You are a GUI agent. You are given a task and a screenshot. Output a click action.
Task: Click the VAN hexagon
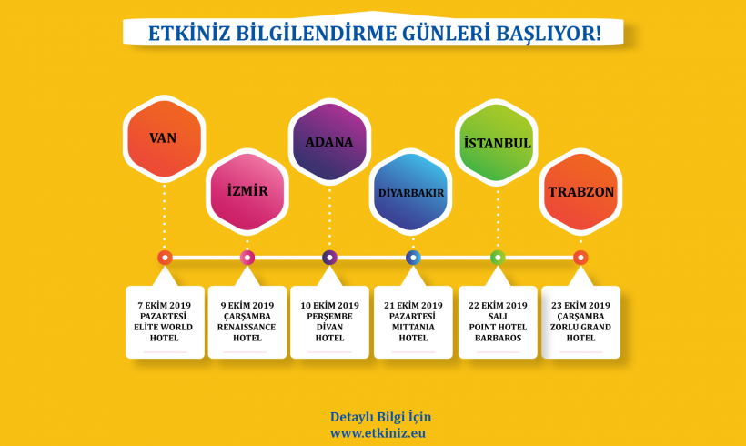pyautogui.click(x=164, y=138)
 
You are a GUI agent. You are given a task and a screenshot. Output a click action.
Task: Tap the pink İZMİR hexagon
pyautogui.click(x=247, y=191)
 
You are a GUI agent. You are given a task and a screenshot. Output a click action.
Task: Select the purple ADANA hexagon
pyautogui.click(x=329, y=142)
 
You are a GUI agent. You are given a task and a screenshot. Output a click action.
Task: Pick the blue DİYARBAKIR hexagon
pyautogui.click(x=411, y=192)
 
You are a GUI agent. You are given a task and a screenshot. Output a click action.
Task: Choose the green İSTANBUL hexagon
pyautogui.click(x=497, y=143)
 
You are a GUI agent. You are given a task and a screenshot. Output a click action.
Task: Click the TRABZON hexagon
pyautogui.click(x=581, y=192)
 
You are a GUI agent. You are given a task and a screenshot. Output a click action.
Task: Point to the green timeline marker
pyautogui.click(x=498, y=258)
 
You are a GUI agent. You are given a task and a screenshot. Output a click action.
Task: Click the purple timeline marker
pyautogui.click(x=329, y=258)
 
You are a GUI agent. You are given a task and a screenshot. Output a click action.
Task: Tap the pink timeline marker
pyautogui.click(x=247, y=258)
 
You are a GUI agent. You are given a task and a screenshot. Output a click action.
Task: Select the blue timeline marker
pyautogui.click(x=413, y=258)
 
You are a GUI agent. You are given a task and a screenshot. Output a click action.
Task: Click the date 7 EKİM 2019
pyautogui.click(x=164, y=305)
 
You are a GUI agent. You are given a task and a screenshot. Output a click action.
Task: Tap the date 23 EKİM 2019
pyautogui.click(x=580, y=305)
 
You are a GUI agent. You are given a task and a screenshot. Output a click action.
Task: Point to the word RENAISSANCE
pyautogui.click(x=247, y=327)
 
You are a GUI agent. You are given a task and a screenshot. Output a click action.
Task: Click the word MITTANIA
pyautogui.click(x=413, y=327)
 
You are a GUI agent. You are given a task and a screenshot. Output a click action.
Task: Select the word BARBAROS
pyautogui.click(x=498, y=338)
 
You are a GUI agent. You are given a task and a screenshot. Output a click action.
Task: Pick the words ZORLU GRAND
pyautogui.click(x=580, y=327)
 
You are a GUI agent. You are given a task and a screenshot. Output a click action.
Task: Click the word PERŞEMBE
pyautogui.click(x=329, y=317)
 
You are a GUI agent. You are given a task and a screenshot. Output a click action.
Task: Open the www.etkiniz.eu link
pyautogui.click(x=378, y=433)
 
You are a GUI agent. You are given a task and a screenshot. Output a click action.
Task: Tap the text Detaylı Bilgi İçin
pyautogui.click(x=380, y=417)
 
